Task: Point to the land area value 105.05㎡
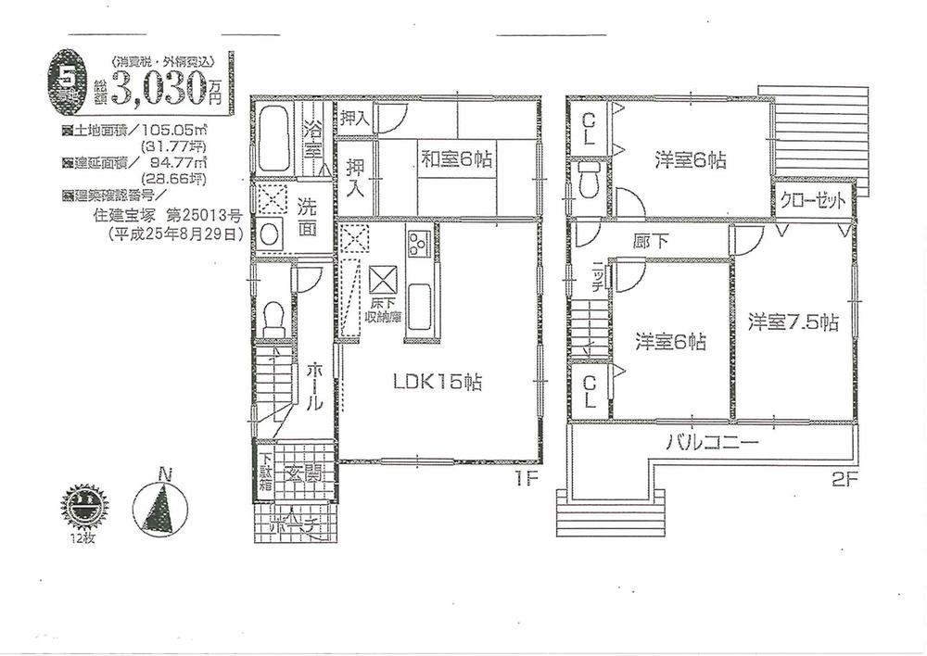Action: (x=189, y=131)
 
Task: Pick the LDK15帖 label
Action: (x=438, y=382)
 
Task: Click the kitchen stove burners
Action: (x=414, y=245)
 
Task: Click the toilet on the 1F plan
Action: (x=272, y=320)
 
